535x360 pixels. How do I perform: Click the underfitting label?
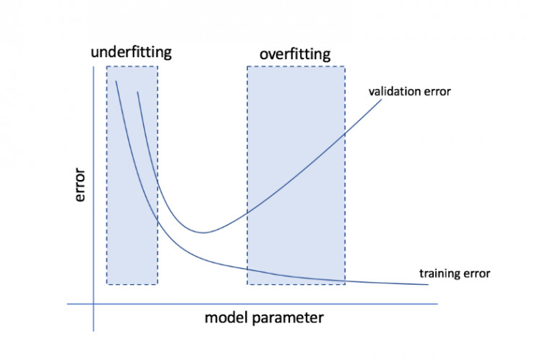(x=132, y=53)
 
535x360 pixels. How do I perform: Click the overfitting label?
(x=295, y=54)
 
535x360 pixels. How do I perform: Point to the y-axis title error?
(x=80, y=184)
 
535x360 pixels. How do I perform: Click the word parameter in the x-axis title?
(x=288, y=318)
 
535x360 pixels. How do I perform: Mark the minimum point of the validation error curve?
(x=203, y=233)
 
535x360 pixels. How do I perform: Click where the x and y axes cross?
(x=93, y=304)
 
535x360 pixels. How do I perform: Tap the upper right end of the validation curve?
(x=381, y=100)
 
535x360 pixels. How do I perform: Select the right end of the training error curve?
(x=428, y=284)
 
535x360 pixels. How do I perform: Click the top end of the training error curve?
(x=116, y=81)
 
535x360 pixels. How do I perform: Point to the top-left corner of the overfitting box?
(x=247, y=67)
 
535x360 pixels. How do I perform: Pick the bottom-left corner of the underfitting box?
(x=107, y=284)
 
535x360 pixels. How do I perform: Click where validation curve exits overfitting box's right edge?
(x=345, y=134)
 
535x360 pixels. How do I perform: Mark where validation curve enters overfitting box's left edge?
(x=247, y=212)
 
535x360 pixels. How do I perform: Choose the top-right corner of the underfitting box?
(x=158, y=67)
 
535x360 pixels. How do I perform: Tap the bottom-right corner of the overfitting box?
(x=345, y=284)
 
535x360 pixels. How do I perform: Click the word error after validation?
(x=437, y=92)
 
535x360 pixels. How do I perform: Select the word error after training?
(x=477, y=274)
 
